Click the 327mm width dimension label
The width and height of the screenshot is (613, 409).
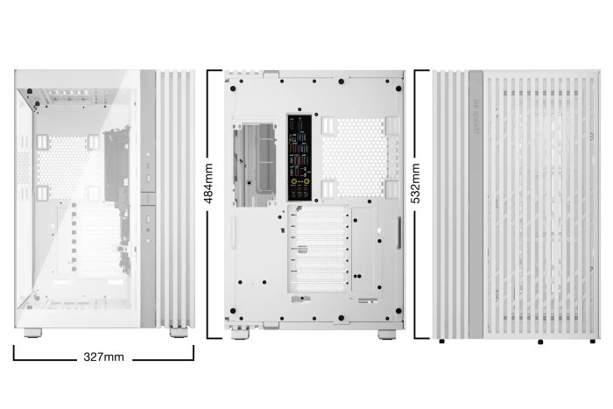click(x=103, y=357)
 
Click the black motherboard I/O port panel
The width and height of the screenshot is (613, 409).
click(x=299, y=156)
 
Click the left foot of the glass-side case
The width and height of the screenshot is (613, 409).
click(x=32, y=333)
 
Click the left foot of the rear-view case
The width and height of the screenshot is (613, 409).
click(x=238, y=335)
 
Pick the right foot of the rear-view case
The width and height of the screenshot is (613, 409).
click(x=386, y=335)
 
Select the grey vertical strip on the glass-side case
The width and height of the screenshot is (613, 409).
click(x=147, y=197)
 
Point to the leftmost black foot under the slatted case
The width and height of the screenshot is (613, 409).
click(x=441, y=341)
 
